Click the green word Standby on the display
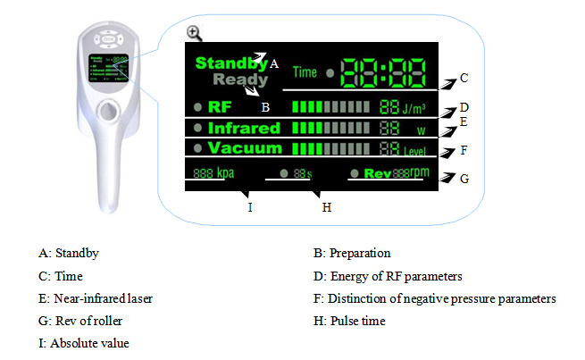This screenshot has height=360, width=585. (230, 63)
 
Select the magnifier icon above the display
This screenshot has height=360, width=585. (194, 33)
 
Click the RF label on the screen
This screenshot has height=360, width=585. (220, 107)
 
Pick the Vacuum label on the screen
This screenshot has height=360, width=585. (244, 148)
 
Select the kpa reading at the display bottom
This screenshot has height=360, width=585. (213, 172)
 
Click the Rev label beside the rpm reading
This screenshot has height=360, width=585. (377, 173)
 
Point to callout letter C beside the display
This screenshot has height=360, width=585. (464, 79)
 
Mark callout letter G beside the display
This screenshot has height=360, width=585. (464, 178)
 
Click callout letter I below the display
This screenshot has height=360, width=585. (250, 207)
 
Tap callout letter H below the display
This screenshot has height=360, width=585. (327, 207)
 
